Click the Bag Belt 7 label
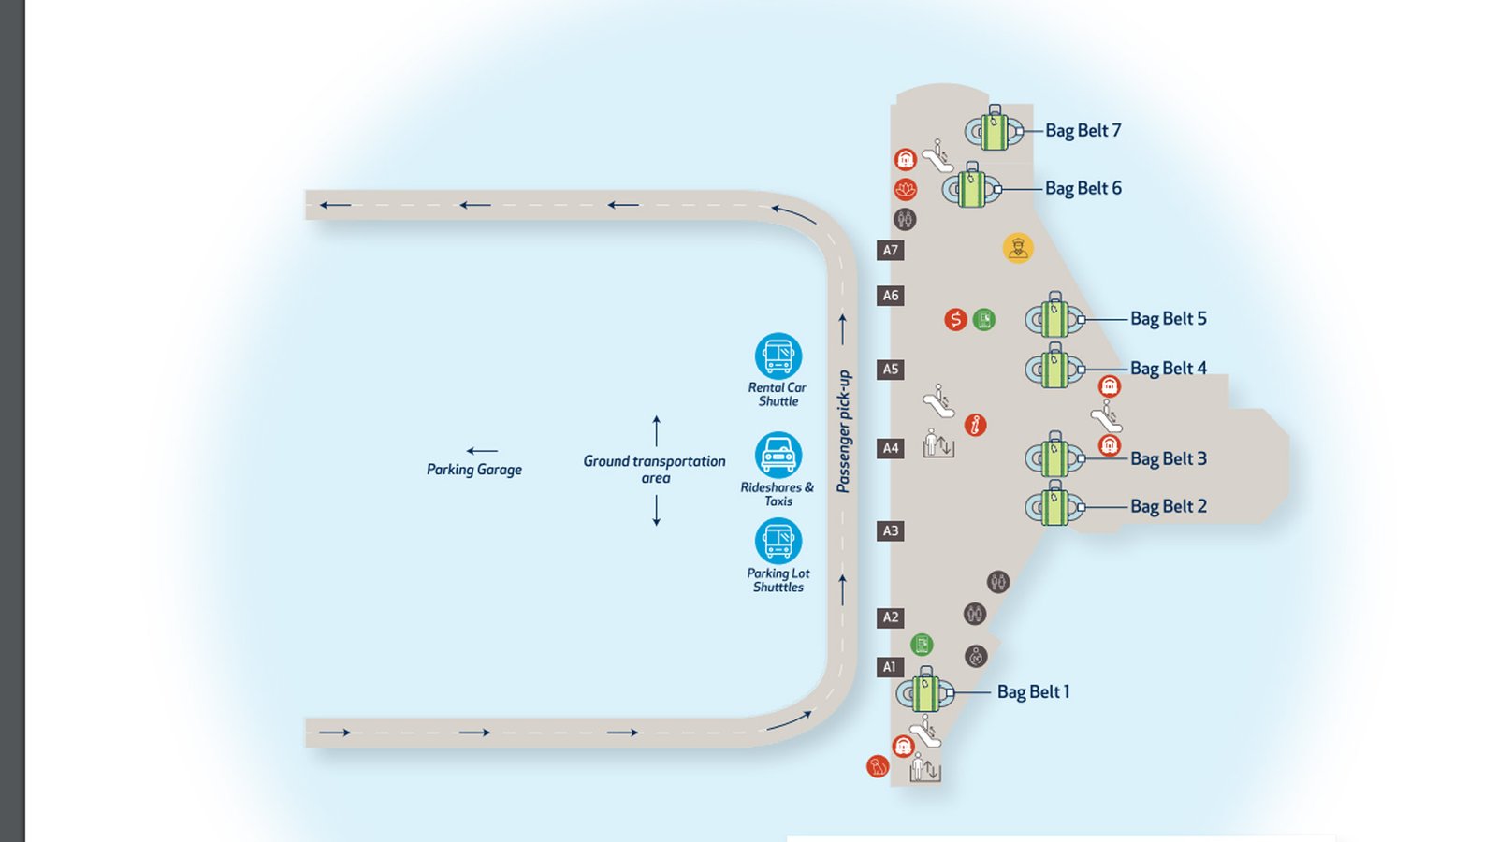click(1083, 131)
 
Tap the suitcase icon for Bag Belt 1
click(925, 692)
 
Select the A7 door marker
click(891, 250)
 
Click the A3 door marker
click(891, 530)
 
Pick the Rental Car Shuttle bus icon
click(778, 356)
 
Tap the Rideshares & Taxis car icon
click(778, 456)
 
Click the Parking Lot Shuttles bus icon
click(778, 541)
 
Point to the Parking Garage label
click(474, 470)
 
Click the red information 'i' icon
click(975, 425)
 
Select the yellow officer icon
click(1018, 248)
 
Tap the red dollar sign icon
click(954, 320)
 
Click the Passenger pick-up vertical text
click(844, 431)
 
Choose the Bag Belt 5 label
click(1168, 319)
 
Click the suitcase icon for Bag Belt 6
click(972, 188)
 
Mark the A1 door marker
click(890, 667)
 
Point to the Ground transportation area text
click(654, 469)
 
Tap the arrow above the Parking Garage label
click(481, 451)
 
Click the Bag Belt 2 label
click(1168, 507)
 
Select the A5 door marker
click(891, 369)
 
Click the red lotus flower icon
click(905, 189)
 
